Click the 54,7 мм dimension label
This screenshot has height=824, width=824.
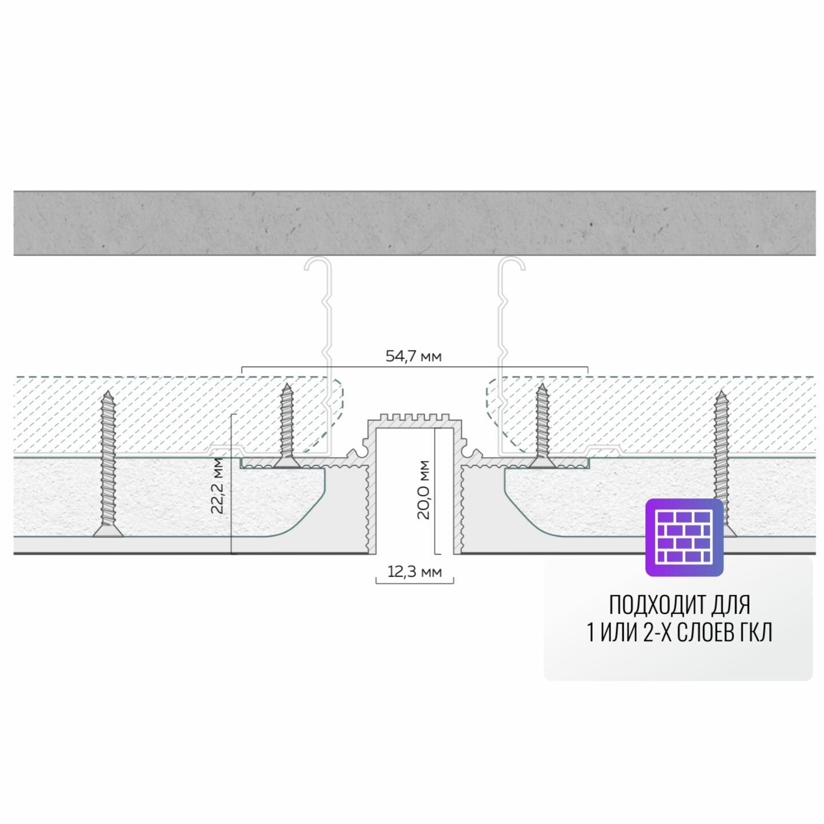tap(413, 356)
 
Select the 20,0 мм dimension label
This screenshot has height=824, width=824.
tap(423, 489)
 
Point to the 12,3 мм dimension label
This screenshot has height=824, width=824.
tap(414, 572)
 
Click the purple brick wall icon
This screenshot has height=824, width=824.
tap(684, 537)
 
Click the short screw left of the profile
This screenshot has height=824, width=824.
tap(287, 423)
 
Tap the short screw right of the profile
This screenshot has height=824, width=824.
tap(541, 423)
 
